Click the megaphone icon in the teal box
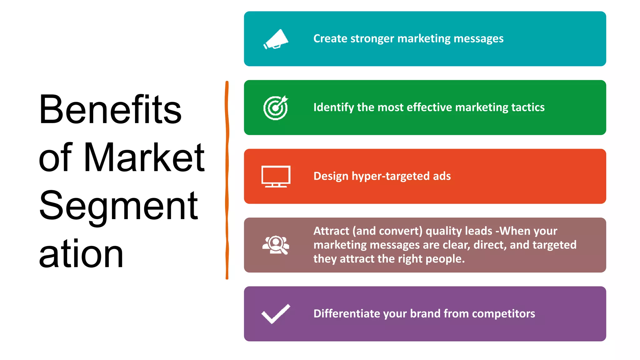pyautogui.click(x=276, y=39)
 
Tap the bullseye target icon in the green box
pyautogui.click(x=276, y=107)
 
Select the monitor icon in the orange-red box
pyautogui.click(x=276, y=176)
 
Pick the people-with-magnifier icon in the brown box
pyautogui.click(x=276, y=245)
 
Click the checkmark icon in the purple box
pyautogui.click(x=276, y=314)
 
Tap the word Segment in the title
pyautogui.click(x=118, y=206)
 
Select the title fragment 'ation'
pyautogui.click(x=81, y=254)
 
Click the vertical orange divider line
pyautogui.click(x=227, y=180)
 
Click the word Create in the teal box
pyautogui.click(x=330, y=39)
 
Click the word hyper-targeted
pyautogui.click(x=391, y=176)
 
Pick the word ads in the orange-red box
pyautogui.click(x=442, y=176)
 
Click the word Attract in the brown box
pyautogui.click(x=331, y=231)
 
